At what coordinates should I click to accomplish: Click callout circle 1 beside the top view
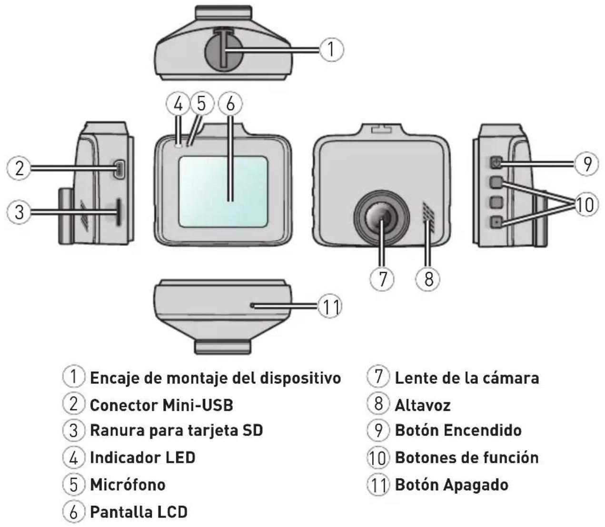tap(332, 50)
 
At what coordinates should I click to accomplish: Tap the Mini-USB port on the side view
tap(119, 169)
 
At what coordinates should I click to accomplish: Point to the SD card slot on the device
tap(119, 212)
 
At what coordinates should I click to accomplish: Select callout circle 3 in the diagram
tap(19, 212)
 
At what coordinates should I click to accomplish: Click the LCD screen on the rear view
tap(223, 192)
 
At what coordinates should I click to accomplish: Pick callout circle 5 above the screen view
tap(201, 104)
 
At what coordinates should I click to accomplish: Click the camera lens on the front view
tap(381, 218)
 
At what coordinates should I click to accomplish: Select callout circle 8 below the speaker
tap(428, 278)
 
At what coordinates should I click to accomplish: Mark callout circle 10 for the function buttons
tap(585, 205)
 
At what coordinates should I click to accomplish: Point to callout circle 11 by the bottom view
tap(330, 307)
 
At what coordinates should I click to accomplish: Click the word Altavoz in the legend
tap(423, 405)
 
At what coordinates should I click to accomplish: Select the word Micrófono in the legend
tap(128, 485)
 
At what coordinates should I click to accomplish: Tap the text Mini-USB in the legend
tap(198, 405)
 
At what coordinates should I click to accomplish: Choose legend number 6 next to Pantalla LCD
tap(74, 512)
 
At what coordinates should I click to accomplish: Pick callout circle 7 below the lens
tap(382, 278)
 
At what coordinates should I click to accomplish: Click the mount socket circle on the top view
tap(224, 50)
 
